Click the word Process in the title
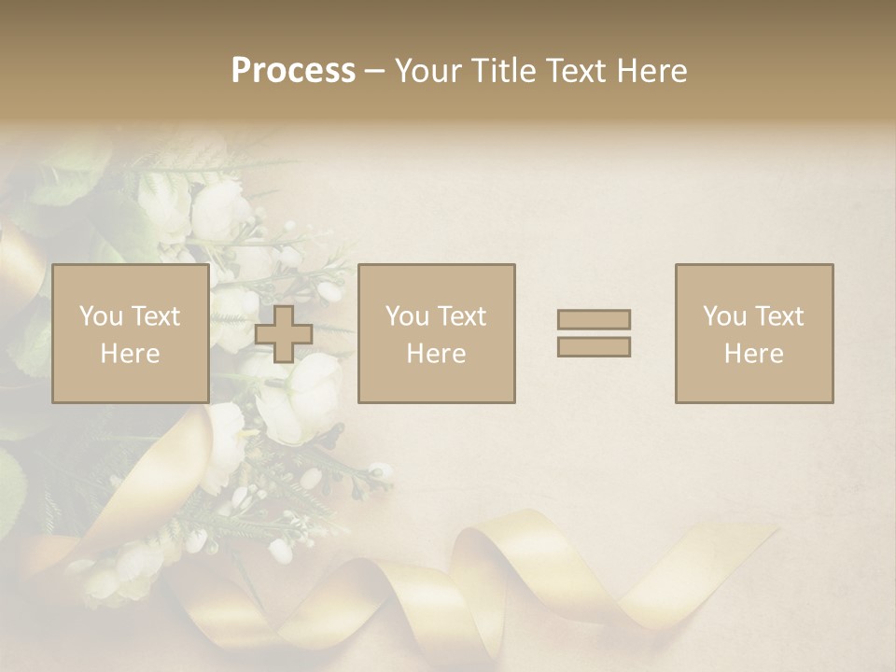point(293,71)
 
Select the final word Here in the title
point(652,71)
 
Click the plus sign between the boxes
point(284,334)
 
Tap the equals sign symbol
point(594,333)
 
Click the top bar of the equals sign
point(594,319)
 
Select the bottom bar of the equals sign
point(594,346)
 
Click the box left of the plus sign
point(130,333)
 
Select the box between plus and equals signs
point(436,333)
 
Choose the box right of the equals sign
point(754,333)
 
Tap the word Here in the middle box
point(436,353)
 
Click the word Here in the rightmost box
point(754,353)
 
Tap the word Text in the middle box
point(462,315)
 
